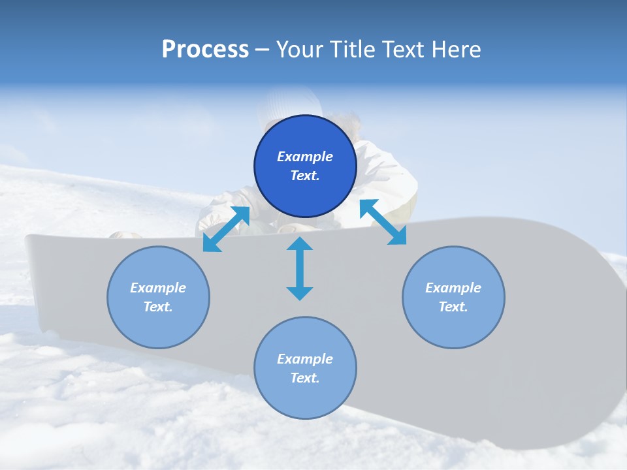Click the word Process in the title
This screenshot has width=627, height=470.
pyautogui.click(x=205, y=50)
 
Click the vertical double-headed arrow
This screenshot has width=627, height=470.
pyautogui.click(x=300, y=268)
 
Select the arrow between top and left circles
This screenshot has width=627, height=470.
pyautogui.click(x=226, y=228)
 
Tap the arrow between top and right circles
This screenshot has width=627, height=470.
pyautogui.click(x=383, y=222)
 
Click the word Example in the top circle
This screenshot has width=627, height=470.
pyautogui.click(x=305, y=157)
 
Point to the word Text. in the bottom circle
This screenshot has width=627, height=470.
pyautogui.click(x=305, y=378)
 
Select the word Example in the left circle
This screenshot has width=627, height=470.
pyautogui.click(x=158, y=288)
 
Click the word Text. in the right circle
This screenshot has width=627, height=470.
pyautogui.click(x=453, y=307)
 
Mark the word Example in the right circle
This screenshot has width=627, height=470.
pyautogui.click(x=453, y=288)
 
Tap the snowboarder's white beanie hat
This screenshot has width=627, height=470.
pyautogui.click(x=287, y=104)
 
